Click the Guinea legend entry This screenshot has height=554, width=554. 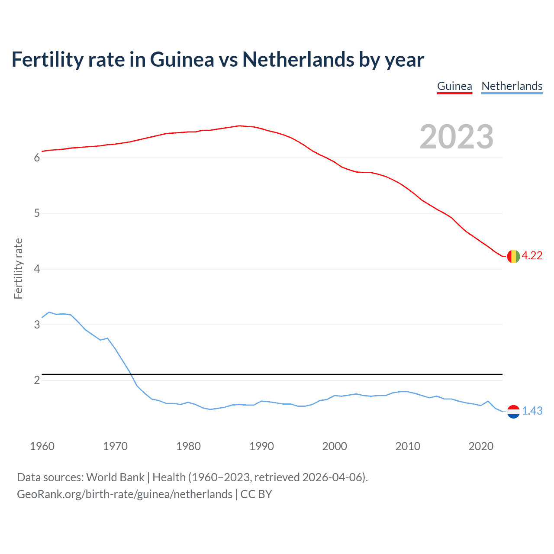click(454, 86)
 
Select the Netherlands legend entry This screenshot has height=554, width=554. click(512, 86)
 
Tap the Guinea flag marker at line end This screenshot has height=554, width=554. click(513, 256)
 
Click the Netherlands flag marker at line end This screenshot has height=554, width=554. click(513, 411)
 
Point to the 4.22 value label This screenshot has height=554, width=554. click(532, 256)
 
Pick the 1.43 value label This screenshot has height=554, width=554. click(532, 411)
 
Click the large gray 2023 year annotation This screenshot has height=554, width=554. click(456, 137)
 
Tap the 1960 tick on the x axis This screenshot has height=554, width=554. click(42, 446)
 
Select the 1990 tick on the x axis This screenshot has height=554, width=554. click(261, 446)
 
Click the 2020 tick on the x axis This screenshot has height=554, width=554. click(481, 446)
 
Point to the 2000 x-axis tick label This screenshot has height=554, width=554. click(335, 446)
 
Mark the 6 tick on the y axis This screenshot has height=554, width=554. click(37, 158)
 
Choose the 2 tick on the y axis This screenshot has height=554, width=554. click(37, 380)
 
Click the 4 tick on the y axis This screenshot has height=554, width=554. click(37, 269)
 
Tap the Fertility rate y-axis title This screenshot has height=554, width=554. click(18, 268)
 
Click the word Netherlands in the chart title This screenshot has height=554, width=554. click(298, 59)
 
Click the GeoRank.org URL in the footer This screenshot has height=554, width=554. click(125, 494)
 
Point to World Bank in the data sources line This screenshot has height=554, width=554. click(115, 477)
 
